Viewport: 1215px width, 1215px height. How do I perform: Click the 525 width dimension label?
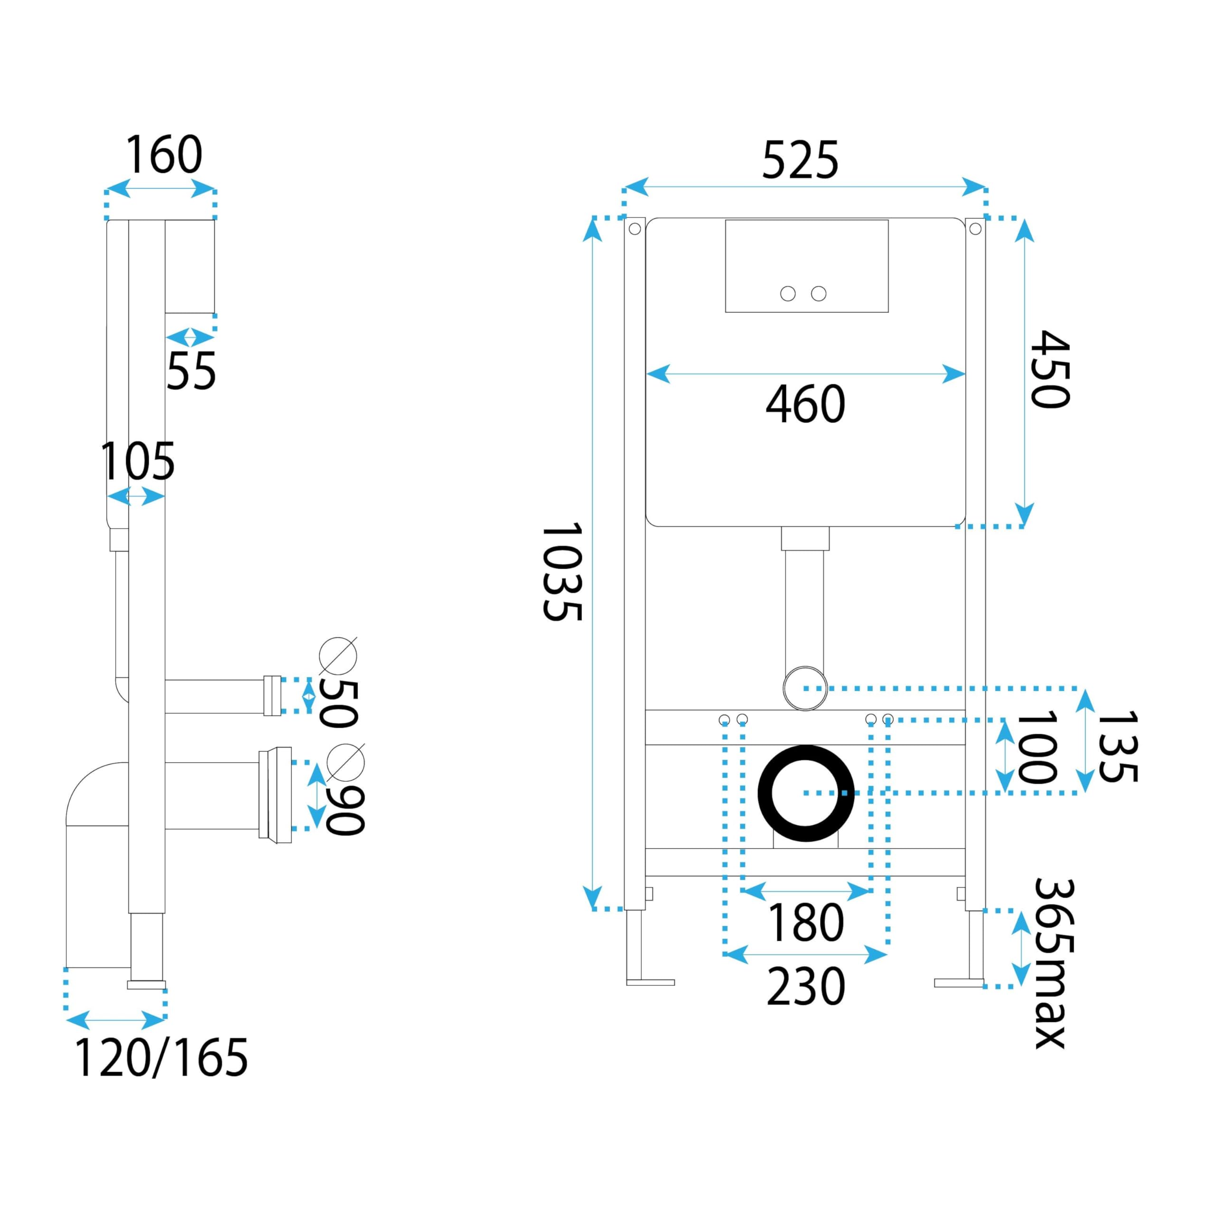click(x=800, y=160)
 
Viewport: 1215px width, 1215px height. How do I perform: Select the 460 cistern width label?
click(x=805, y=404)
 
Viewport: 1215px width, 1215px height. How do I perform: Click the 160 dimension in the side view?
click(x=164, y=154)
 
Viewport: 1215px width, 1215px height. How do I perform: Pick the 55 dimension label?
click(x=191, y=370)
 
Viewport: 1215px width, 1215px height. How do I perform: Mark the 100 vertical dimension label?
click(x=1036, y=747)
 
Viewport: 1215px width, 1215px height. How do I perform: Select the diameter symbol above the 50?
click(x=338, y=655)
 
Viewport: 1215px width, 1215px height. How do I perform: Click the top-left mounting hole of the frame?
click(x=635, y=229)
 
